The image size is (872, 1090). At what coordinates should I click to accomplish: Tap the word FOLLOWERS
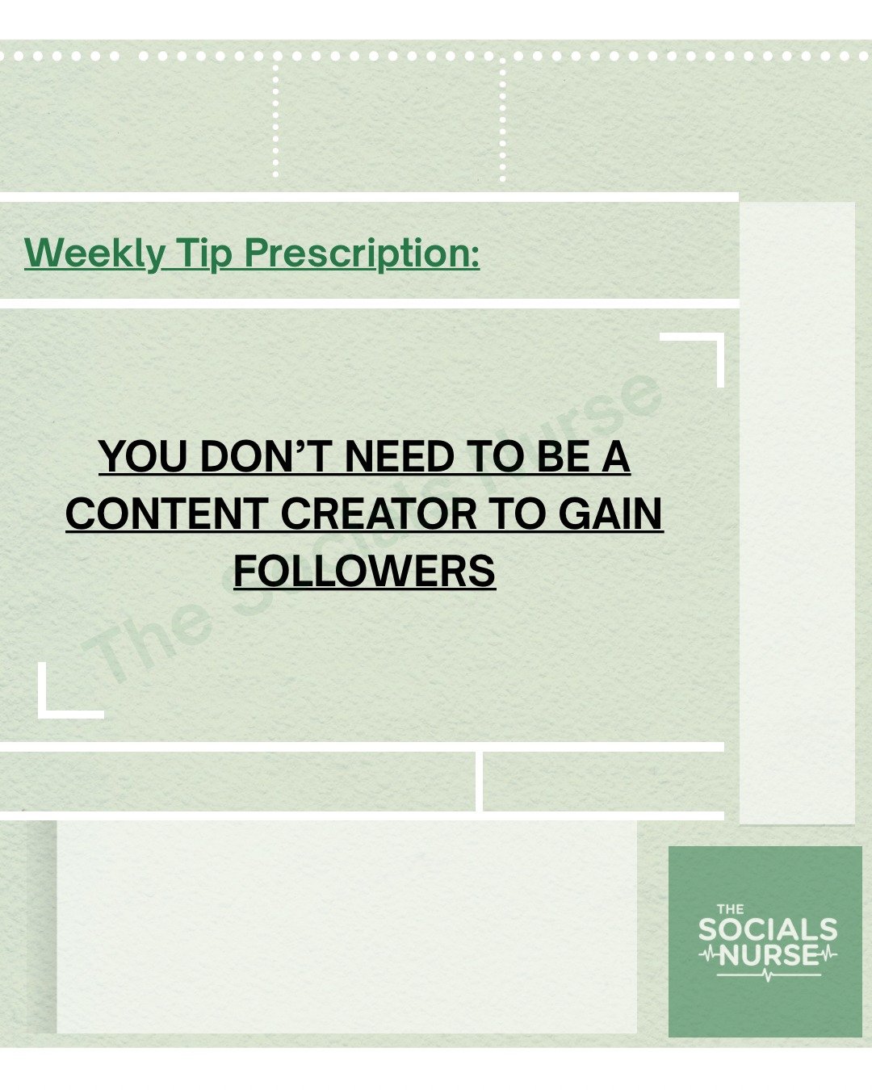pyautogui.click(x=364, y=570)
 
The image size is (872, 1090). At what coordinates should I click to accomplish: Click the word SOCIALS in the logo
pyautogui.click(x=768, y=929)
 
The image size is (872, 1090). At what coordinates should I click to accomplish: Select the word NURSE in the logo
pyautogui.click(x=769, y=956)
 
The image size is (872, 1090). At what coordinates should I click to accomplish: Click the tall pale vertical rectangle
pyautogui.click(x=797, y=513)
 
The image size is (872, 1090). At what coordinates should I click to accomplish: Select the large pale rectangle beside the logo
pyautogui.click(x=346, y=926)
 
